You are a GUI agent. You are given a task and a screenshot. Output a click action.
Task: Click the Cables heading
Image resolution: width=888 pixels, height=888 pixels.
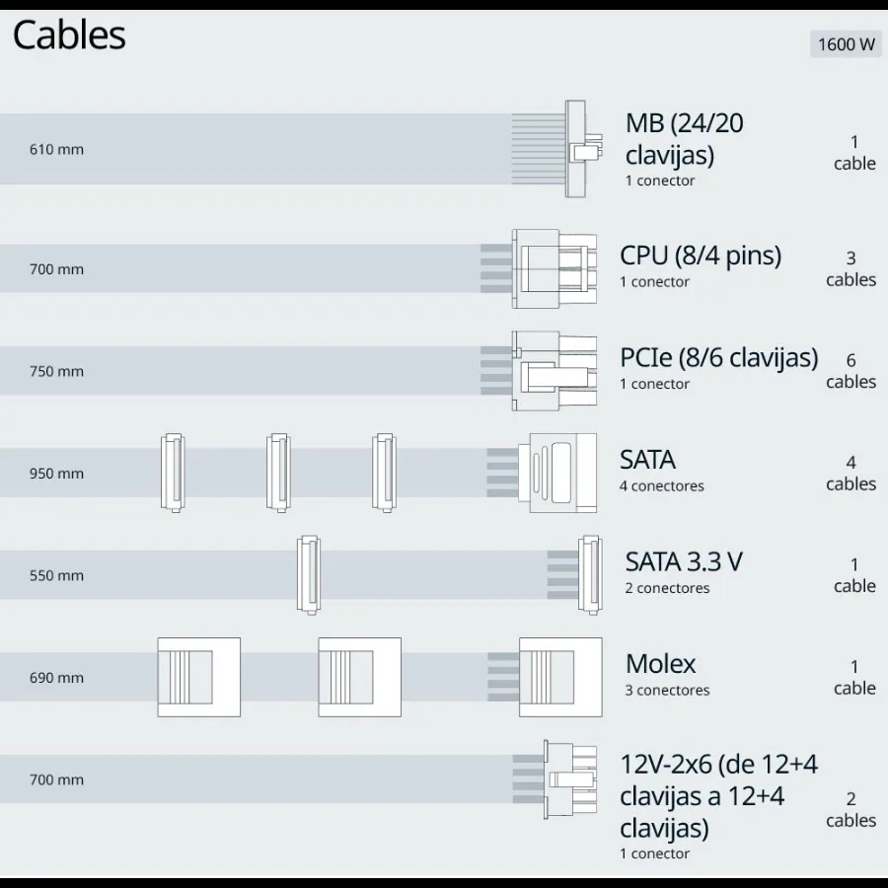click(x=69, y=36)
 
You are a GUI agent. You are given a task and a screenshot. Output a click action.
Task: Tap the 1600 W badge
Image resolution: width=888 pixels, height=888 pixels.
click(x=846, y=44)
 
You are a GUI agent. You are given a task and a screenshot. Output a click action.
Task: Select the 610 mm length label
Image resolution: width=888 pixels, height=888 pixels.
click(x=56, y=150)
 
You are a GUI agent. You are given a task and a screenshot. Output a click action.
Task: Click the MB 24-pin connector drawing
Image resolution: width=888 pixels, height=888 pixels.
click(x=581, y=149)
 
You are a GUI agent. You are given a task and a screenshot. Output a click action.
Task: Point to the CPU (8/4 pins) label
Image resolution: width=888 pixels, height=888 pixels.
click(x=700, y=256)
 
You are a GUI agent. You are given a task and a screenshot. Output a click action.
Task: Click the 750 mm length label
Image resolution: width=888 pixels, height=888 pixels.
click(x=56, y=372)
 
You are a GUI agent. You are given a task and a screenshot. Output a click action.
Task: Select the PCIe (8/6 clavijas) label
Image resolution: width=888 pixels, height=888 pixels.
click(x=718, y=357)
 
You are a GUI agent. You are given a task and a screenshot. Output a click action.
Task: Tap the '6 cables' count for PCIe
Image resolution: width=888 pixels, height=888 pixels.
click(x=851, y=372)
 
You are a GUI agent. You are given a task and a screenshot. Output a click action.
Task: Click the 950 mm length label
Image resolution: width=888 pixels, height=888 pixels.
click(x=56, y=474)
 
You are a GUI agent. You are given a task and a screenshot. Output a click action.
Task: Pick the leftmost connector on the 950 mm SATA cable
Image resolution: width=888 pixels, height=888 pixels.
click(x=173, y=473)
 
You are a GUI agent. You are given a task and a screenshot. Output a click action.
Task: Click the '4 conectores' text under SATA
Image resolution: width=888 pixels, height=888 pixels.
click(x=661, y=486)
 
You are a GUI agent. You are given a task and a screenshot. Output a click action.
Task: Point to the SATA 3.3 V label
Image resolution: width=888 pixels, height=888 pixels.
click(x=683, y=562)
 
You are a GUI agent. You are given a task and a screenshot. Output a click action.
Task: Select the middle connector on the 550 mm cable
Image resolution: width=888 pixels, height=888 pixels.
click(x=309, y=574)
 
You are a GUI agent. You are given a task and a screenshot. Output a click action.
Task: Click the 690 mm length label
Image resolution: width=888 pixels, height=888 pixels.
click(x=56, y=678)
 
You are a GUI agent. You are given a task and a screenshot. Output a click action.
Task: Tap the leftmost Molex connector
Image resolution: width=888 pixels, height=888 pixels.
click(x=198, y=677)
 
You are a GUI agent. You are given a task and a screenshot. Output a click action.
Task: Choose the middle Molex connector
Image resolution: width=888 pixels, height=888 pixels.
click(x=359, y=677)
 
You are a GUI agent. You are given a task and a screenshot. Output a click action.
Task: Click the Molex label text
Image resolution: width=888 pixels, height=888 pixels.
click(x=660, y=664)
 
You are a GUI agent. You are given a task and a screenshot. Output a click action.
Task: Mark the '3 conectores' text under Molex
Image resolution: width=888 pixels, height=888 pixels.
click(x=666, y=691)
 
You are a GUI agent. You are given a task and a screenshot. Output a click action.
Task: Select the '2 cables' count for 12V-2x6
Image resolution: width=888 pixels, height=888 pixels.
click(x=851, y=810)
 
